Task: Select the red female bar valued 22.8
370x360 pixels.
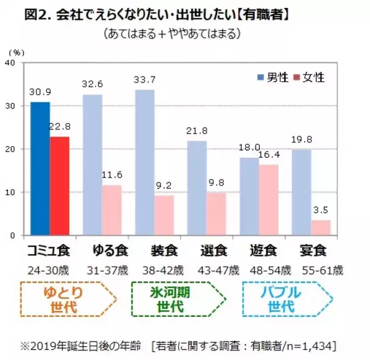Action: (x=60, y=186)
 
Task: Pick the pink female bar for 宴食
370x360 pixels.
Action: (x=321, y=227)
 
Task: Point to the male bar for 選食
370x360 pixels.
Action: (x=197, y=188)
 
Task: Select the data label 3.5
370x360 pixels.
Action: (x=321, y=211)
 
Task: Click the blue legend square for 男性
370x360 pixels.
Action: (x=260, y=77)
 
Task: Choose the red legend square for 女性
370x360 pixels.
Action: (x=297, y=77)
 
